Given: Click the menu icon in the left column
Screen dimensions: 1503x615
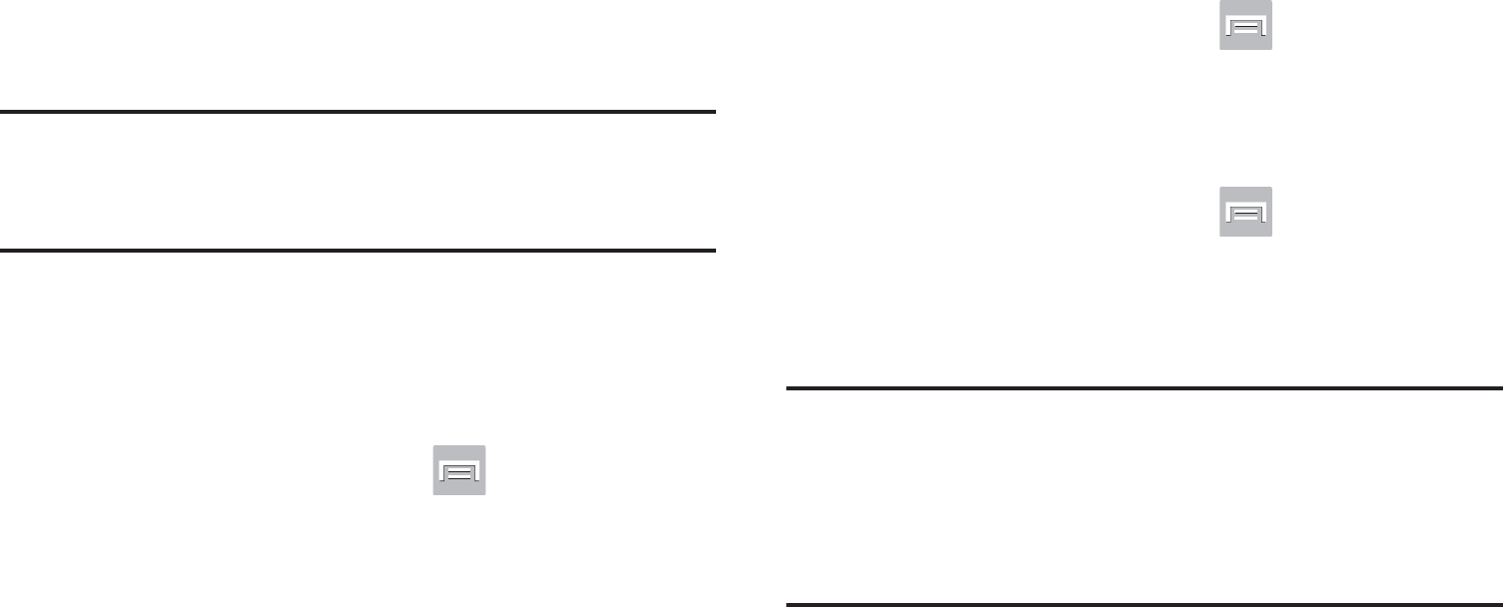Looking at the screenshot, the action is pos(458,470).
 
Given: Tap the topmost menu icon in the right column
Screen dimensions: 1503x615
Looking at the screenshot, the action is pos(1245,25).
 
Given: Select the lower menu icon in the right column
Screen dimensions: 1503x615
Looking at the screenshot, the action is pos(1245,211).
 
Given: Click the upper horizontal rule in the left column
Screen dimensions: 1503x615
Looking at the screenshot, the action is pos(359,113).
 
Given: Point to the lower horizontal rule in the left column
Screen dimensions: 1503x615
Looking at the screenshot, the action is pos(359,251).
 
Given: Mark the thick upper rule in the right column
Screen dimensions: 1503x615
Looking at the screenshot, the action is pos(1144,388).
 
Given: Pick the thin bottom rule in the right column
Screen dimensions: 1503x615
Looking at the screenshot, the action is pos(1144,604).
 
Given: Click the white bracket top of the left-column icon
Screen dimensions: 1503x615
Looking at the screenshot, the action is pos(458,463).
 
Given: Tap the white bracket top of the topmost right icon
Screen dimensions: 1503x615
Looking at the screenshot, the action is pos(1245,18).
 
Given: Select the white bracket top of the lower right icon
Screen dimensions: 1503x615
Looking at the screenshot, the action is pos(1245,204).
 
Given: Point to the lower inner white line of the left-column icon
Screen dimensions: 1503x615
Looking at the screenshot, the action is pos(458,477).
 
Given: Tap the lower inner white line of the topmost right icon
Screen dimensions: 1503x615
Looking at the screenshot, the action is pos(1245,32).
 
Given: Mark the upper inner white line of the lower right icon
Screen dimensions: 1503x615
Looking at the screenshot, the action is pos(1245,212).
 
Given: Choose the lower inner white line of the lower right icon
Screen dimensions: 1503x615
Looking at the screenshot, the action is pos(1245,218).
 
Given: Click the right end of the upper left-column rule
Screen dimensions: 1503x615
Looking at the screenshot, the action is pos(713,113).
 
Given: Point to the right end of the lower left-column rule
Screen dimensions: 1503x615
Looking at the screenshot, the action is pos(713,251).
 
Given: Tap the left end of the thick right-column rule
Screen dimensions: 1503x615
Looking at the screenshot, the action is pos(790,388).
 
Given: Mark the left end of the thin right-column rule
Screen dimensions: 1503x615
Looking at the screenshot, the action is pos(790,604).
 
